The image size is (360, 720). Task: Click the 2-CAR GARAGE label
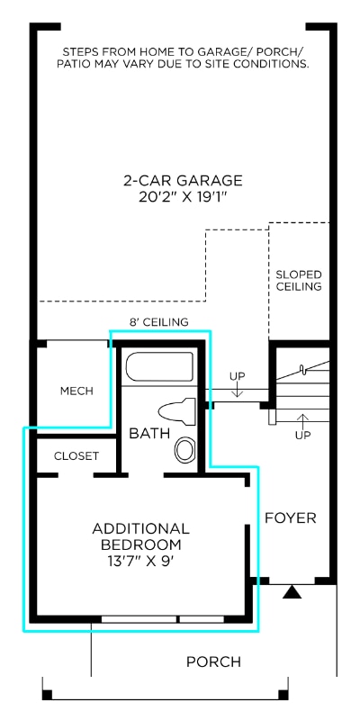click(183, 181)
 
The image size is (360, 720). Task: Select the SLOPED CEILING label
click(299, 281)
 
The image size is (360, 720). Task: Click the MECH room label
click(76, 391)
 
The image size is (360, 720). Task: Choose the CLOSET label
click(76, 456)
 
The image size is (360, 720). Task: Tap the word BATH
click(149, 434)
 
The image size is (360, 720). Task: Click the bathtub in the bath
click(159, 366)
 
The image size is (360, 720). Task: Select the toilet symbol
click(176, 412)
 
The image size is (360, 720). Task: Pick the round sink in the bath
click(185, 450)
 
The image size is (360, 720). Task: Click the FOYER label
click(291, 518)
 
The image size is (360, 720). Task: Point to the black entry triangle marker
click(292, 592)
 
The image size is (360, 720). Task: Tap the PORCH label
click(213, 661)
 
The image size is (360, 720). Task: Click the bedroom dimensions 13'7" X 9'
click(140, 561)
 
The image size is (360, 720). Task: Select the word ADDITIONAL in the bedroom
click(140, 528)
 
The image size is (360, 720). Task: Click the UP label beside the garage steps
click(238, 376)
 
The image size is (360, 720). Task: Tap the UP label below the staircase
click(302, 436)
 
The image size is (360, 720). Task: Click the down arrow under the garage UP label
click(238, 391)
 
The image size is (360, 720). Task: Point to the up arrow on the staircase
click(302, 421)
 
